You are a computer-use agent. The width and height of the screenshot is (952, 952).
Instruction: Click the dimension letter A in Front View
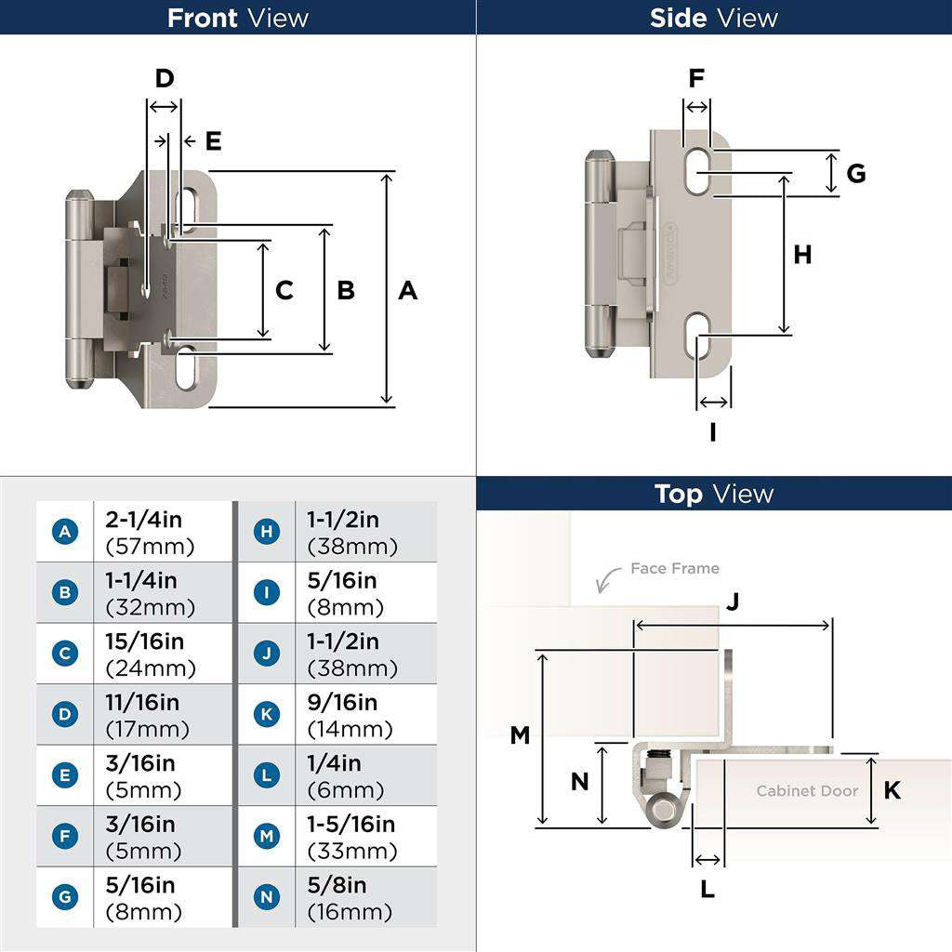[408, 291]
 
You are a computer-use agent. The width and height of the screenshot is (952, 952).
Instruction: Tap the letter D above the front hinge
[165, 79]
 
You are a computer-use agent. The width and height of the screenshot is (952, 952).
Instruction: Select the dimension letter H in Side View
[802, 255]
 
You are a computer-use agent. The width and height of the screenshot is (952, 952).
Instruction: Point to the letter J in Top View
[733, 602]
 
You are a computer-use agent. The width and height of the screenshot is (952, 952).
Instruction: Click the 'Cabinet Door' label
[807, 791]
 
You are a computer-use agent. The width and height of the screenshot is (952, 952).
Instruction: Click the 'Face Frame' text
[674, 568]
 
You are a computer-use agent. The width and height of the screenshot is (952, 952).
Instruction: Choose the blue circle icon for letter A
[64, 532]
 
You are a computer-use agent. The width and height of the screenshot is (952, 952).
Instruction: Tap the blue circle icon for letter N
[267, 897]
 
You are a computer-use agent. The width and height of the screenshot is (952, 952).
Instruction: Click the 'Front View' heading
[238, 18]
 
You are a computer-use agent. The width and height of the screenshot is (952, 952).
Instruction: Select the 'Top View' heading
[714, 494]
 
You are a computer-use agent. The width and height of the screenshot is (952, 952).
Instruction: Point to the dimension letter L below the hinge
[707, 890]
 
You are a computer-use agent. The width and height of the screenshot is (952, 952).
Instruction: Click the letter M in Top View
[520, 735]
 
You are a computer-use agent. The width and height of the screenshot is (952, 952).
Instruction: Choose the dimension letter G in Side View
[856, 173]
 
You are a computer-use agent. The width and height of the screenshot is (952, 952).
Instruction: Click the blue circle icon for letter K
[267, 715]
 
